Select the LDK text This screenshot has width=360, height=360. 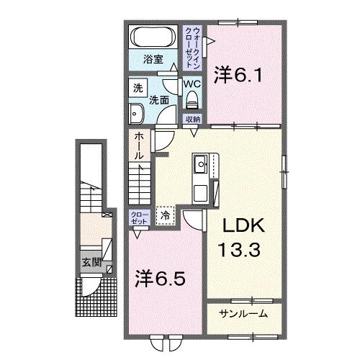pos(239,228)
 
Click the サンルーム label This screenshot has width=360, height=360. pos(244,313)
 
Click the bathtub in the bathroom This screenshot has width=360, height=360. pos(152,37)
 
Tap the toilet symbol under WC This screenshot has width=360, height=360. pos(191,101)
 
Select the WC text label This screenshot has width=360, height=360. pos(191,84)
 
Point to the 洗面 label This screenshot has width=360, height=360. pos(159,101)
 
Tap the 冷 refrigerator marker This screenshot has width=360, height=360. pos(166,215)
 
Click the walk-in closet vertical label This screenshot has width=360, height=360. pos(192,45)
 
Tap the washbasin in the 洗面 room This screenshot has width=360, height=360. pos(137,112)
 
